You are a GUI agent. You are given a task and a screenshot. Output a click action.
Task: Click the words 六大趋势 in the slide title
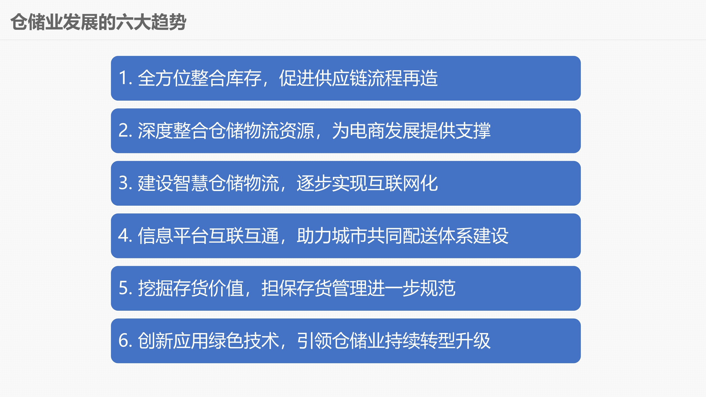click(151, 22)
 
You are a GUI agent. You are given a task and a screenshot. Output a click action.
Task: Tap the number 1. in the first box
click(125, 78)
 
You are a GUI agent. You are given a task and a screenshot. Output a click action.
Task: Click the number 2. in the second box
click(125, 131)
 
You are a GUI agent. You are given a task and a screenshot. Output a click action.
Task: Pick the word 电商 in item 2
click(367, 131)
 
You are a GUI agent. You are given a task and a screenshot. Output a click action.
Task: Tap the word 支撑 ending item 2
click(473, 131)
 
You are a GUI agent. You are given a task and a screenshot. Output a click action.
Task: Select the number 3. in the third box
click(125, 183)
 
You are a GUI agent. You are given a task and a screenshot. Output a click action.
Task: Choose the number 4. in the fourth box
click(125, 236)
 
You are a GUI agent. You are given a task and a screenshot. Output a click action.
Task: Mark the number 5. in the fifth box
click(125, 288)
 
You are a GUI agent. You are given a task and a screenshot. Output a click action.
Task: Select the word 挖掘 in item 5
click(156, 288)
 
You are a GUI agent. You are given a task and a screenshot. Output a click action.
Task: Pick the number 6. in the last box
click(125, 341)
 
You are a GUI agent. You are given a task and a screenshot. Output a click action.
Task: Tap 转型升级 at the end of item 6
click(456, 341)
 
